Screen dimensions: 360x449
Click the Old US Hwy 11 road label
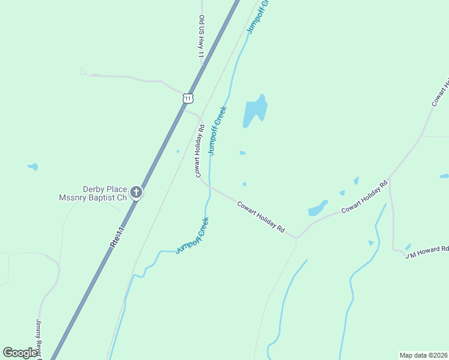point(202,38)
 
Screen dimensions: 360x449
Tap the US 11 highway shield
point(188,98)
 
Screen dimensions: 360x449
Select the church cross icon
point(137,193)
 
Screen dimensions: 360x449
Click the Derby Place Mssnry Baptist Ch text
point(93,193)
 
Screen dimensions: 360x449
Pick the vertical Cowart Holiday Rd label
point(199,151)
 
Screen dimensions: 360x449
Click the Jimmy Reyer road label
point(38,340)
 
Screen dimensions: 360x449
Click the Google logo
point(20,353)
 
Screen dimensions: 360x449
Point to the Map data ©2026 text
point(423,355)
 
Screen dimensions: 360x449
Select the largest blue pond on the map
point(255,111)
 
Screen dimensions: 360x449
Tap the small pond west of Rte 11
point(33,167)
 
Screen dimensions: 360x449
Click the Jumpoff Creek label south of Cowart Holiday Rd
point(192,235)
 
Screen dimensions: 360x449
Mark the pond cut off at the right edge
point(444,176)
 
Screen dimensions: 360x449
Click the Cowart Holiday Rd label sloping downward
point(260,217)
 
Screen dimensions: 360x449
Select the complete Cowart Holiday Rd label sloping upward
point(365,197)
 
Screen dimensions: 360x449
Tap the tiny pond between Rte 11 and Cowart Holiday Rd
point(178,151)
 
